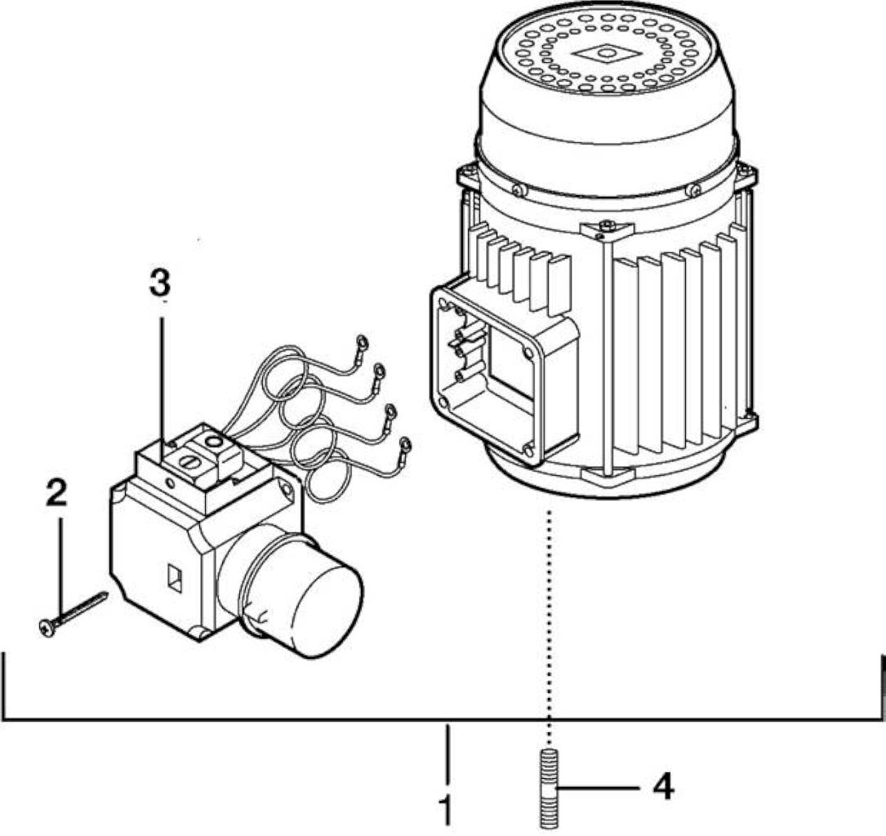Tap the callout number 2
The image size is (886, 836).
[56, 492]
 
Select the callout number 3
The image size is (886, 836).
[160, 282]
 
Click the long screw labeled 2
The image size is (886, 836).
[73, 614]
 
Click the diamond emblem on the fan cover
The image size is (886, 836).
[606, 54]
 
